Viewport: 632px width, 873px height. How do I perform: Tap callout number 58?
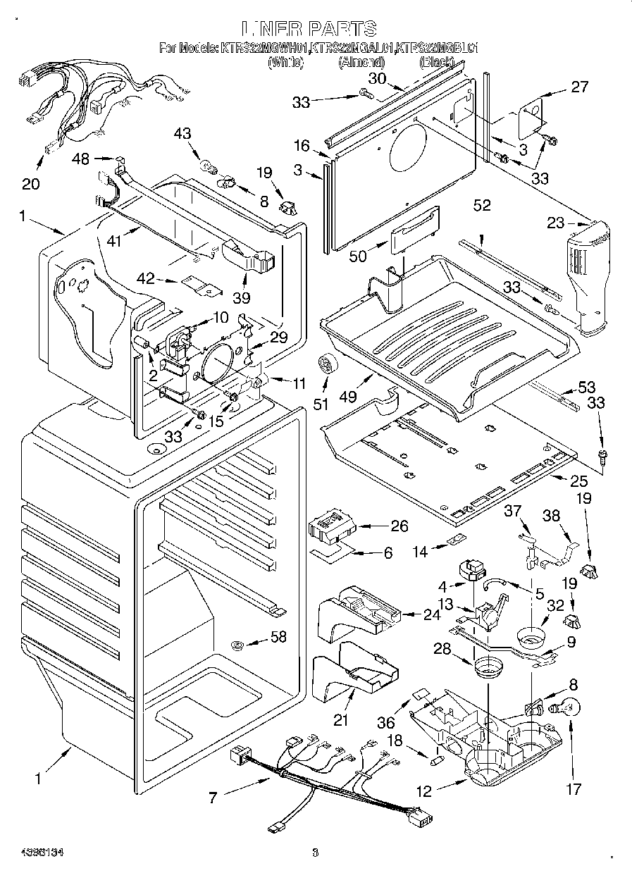[279, 638]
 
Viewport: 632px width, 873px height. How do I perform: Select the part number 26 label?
[379, 526]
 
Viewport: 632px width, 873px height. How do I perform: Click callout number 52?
[482, 206]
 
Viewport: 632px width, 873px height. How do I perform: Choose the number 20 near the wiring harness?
[30, 185]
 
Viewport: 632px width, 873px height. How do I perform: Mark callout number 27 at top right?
[579, 87]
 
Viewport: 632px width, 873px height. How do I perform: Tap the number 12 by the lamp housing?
[423, 791]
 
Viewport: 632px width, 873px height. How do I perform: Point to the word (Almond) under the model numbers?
[361, 63]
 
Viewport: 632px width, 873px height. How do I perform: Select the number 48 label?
[81, 159]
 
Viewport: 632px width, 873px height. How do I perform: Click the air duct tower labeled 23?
[589, 275]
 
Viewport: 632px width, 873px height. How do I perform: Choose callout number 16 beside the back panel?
[302, 146]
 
